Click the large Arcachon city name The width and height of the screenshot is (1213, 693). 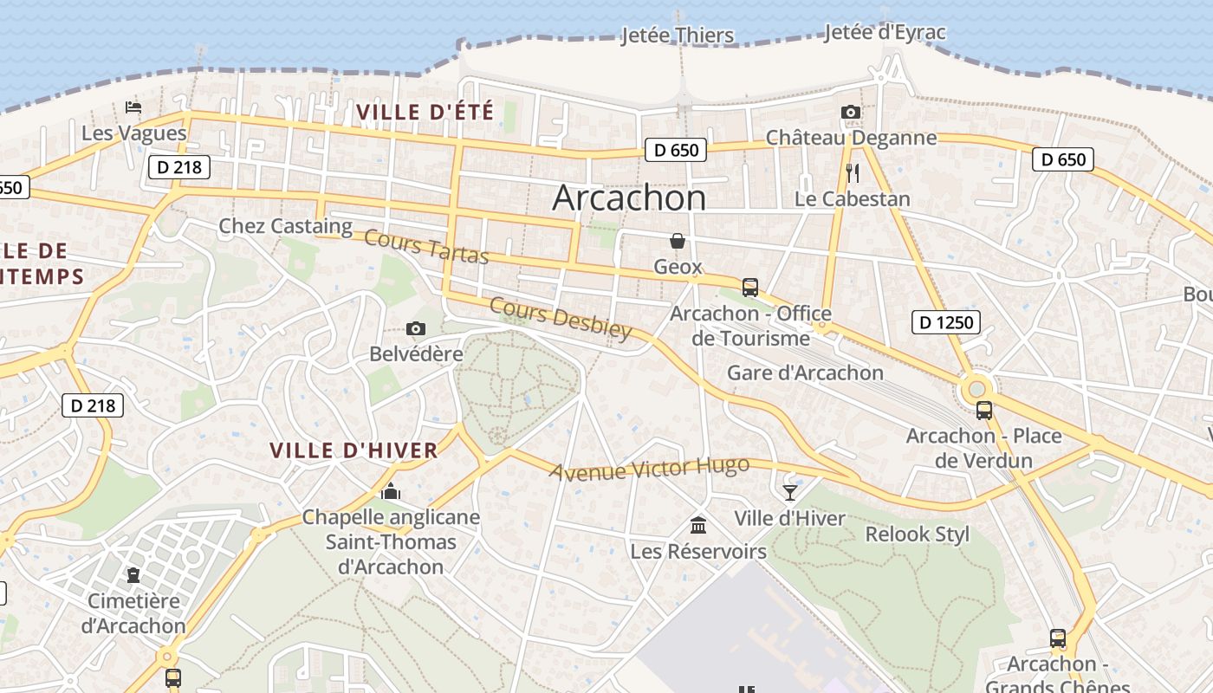[x=629, y=198]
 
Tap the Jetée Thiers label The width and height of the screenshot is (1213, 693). [x=678, y=36]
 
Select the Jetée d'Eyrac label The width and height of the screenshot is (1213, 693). [x=885, y=33]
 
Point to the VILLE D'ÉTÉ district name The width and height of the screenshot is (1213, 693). [x=425, y=112]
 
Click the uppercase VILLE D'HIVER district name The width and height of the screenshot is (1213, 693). [x=354, y=450]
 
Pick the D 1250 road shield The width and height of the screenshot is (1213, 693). [x=945, y=323]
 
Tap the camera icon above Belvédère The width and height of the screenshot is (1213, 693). [x=416, y=328]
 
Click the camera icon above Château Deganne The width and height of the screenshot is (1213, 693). [x=851, y=112]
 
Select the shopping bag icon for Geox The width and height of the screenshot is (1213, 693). [x=678, y=241]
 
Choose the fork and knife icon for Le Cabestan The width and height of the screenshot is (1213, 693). [x=853, y=173]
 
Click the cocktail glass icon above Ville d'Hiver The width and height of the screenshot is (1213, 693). [x=789, y=492]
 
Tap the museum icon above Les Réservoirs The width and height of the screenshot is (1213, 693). [x=698, y=525]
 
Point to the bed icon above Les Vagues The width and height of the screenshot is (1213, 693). [x=133, y=107]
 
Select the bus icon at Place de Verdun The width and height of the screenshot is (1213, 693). [x=983, y=410]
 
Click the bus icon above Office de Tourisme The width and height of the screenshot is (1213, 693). [x=750, y=287]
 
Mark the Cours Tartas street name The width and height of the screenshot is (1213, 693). [x=426, y=247]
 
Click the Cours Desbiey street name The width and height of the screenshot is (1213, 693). [x=561, y=318]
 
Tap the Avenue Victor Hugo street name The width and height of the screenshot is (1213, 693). [x=649, y=469]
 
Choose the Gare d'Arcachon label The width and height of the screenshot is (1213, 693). [x=805, y=373]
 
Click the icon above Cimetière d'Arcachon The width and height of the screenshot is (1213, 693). [x=133, y=574]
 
